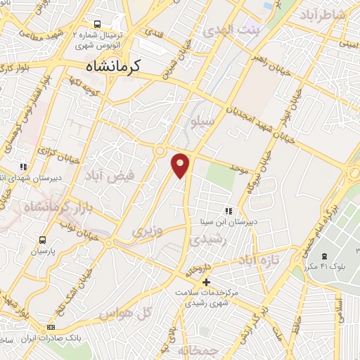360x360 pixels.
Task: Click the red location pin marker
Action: [x=181, y=165]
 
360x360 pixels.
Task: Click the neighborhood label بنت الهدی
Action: [x=231, y=30]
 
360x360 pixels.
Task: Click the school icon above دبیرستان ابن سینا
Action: [x=228, y=210]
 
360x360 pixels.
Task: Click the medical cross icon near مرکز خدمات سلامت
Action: [x=205, y=283]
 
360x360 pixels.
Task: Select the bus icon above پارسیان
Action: [x=44, y=239]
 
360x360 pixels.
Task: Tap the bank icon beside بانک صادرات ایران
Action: [x=51, y=328]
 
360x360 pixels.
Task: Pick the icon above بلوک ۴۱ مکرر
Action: [x=323, y=256]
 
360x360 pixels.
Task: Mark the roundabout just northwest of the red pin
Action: [x=160, y=150]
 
